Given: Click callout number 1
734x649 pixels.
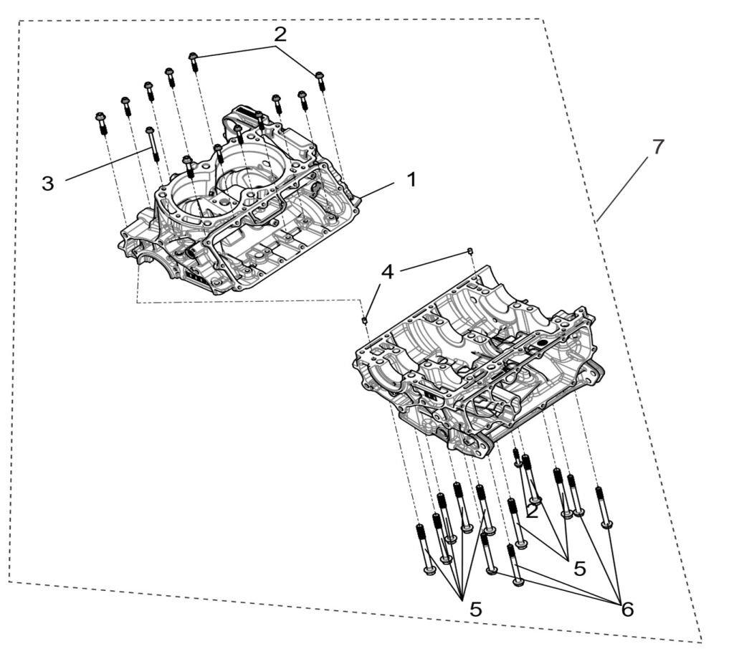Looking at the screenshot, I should point(411,179).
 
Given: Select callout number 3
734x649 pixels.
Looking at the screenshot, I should point(47,183).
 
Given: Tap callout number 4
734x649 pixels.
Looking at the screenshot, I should point(387,272).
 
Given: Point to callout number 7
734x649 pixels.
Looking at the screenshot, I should point(657,146).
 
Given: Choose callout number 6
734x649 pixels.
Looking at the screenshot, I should point(627,609).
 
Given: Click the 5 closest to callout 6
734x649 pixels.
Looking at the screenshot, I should point(579,568).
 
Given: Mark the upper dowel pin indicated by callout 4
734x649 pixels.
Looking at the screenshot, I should point(470,250).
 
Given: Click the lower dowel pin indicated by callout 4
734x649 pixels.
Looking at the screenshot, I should point(365,318).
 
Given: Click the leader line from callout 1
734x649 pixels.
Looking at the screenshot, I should point(378,189).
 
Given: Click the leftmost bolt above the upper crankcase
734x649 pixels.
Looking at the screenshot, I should point(101,123).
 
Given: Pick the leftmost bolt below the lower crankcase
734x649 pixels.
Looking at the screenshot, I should point(424,549).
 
